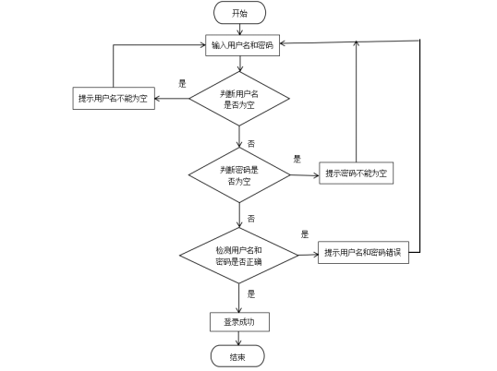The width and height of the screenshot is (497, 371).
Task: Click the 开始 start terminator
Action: (239, 13)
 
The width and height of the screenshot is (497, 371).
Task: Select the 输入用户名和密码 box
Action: (242, 45)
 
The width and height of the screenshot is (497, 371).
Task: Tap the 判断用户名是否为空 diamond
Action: (239, 99)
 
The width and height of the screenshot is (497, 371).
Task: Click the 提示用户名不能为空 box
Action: (115, 99)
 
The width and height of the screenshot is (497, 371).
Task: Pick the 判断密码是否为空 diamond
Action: (239, 175)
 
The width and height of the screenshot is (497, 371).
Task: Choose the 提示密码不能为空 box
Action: (357, 174)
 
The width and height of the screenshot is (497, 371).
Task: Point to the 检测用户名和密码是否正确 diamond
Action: (238, 256)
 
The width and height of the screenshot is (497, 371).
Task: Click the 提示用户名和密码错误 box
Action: (363, 253)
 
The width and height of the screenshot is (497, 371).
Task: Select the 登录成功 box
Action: (239, 322)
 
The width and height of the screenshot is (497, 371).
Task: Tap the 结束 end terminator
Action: (237, 356)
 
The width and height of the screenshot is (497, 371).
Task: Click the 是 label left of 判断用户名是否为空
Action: (182, 83)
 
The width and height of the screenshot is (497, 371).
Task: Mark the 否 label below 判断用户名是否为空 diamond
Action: (250, 144)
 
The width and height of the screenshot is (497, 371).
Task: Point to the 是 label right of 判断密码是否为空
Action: (297, 159)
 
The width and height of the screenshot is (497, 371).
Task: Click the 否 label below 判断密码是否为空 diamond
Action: (250, 219)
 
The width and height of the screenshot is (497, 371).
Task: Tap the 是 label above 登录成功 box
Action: (250, 293)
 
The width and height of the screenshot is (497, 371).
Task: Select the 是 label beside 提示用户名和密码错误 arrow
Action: (305, 234)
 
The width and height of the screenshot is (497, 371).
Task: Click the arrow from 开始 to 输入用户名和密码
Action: (239, 30)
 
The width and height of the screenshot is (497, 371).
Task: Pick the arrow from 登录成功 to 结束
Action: (239, 339)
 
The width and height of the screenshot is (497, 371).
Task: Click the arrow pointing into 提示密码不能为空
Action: (305, 174)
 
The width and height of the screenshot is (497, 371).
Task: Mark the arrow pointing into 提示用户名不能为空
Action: (173, 99)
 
